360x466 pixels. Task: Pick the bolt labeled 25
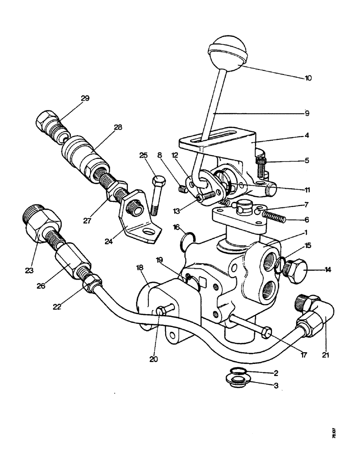click(x=156, y=196)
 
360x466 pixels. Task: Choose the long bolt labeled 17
click(x=248, y=326)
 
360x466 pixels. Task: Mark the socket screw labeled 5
click(x=262, y=164)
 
